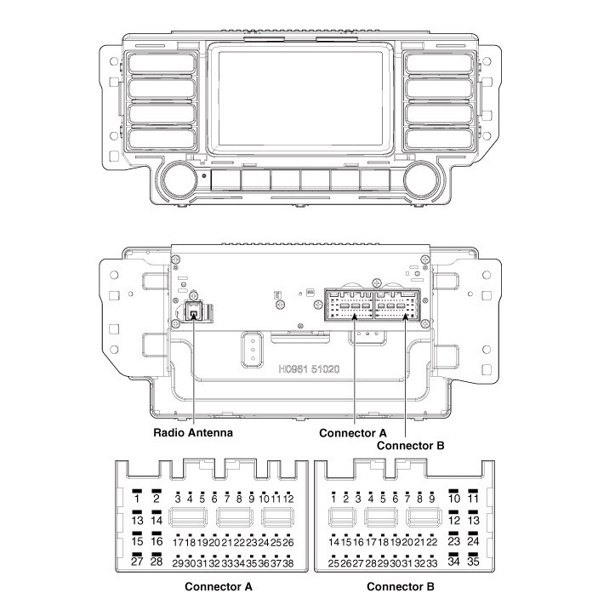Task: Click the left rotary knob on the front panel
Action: (x=180, y=180)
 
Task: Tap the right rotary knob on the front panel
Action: (x=420, y=180)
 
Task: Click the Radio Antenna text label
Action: (x=193, y=432)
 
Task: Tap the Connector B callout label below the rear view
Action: (x=411, y=445)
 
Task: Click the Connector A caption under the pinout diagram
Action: (x=219, y=587)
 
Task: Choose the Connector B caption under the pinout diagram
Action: (x=401, y=587)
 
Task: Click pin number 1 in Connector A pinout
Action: (x=136, y=499)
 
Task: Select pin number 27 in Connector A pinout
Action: (x=136, y=562)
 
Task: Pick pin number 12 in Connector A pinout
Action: (x=289, y=498)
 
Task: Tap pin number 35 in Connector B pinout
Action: (x=474, y=562)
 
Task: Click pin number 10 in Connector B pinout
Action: (x=454, y=499)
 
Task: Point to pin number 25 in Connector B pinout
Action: (x=333, y=563)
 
